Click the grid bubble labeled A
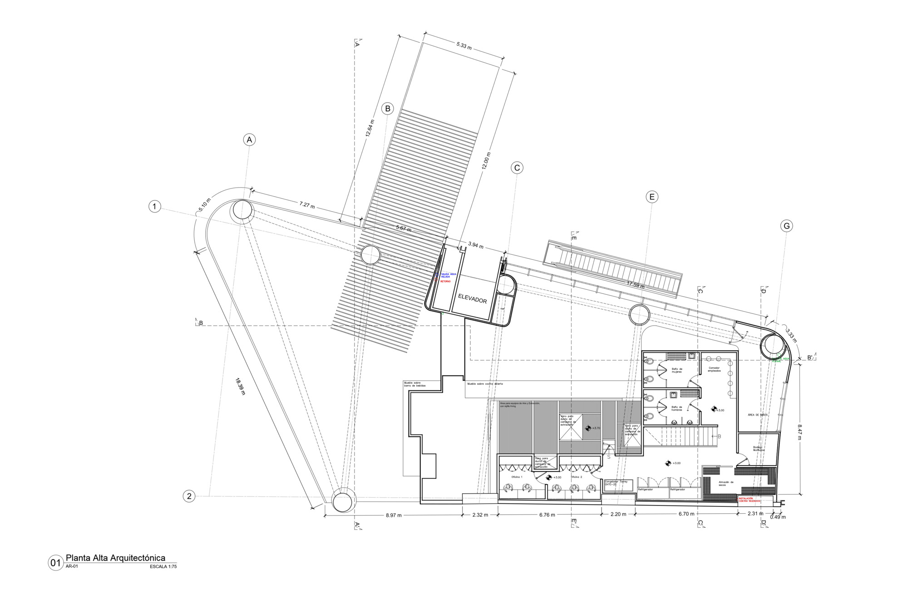click(249, 140)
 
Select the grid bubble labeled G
click(786, 226)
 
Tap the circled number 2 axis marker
click(189, 496)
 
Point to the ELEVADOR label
click(472, 299)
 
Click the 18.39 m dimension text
click(240, 387)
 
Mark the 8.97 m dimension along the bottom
click(394, 515)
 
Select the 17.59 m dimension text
click(636, 285)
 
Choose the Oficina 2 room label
click(576, 477)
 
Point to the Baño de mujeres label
click(677, 370)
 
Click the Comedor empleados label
click(714, 369)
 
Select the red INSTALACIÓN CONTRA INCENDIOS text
click(750, 500)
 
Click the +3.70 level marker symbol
click(587, 428)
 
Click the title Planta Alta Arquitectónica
click(115, 558)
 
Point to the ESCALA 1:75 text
click(163, 566)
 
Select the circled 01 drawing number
click(55, 563)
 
